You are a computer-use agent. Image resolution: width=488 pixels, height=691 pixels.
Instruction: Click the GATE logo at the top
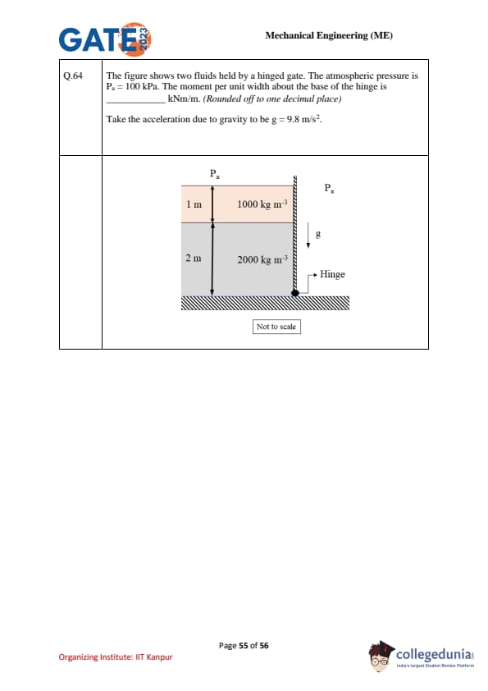[x=105, y=39]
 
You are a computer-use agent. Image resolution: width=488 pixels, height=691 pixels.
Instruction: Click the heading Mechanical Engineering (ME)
[x=329, y=35]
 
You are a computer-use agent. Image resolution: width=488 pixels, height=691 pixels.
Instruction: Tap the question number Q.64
[x=73, y=76]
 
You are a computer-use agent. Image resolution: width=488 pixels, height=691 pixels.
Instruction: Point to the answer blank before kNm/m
[x=136, y=102]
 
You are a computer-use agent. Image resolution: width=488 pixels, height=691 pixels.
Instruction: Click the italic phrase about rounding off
[x=271, y=98]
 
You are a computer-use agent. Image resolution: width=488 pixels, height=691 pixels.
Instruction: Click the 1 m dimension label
[x=194, y=204]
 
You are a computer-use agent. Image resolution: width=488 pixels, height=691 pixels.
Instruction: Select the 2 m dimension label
[x=194, y=259]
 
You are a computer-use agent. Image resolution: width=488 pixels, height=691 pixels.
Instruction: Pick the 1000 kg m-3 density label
[x=262, y=204]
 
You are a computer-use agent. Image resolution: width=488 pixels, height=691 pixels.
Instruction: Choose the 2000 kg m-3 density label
[x=262, y=259]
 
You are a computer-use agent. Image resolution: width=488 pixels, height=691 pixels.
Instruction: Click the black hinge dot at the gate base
[x=295, y=293]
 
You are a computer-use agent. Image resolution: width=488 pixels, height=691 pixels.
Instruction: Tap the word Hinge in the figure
[x=332, y=274]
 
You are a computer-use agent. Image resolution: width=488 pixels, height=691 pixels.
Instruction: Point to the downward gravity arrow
[x=308, y=237]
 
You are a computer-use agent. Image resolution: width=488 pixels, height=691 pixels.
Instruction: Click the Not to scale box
[x=276, y=327]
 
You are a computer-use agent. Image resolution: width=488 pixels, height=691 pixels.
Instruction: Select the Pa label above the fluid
[x=215, y=174]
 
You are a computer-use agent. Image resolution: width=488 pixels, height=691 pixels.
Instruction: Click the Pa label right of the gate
[x=329, y=188]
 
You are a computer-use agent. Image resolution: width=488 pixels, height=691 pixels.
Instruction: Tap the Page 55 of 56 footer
[x=244, y=646]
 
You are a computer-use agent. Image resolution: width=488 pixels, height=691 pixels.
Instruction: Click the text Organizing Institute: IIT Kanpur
[x=116, y=657]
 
